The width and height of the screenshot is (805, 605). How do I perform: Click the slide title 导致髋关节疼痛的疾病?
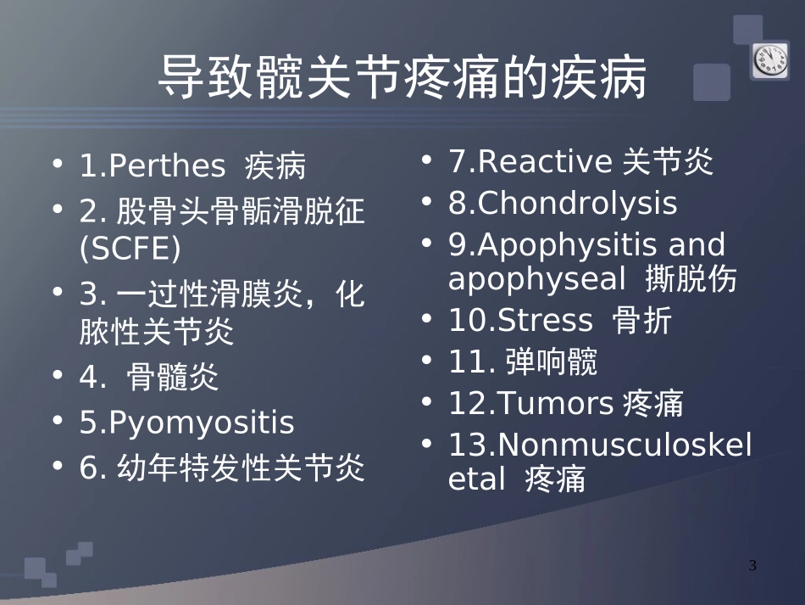tap(402, 78)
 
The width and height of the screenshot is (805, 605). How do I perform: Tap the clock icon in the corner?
tap(769, 60)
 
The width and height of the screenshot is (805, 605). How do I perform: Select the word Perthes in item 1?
tap(168, 166)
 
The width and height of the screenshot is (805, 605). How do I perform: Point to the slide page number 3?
tap(753, 566)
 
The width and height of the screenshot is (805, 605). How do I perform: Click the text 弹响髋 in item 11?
tap(551, 362)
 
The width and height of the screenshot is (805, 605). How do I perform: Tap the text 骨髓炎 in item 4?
tap(173, 378)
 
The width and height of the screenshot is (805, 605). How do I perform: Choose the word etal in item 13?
tap(477, 479)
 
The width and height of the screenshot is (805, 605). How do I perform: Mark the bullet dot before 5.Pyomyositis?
tap(58, 421)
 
